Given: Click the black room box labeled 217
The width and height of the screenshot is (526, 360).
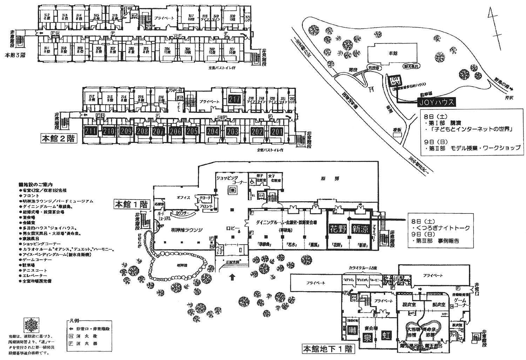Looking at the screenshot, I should pos(235,100).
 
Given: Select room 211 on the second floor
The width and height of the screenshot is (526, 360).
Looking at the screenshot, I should pos(90,131).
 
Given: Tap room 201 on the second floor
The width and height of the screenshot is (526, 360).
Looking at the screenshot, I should pos(277,131).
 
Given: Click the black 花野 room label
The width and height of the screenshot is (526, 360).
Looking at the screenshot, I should pos(338,229).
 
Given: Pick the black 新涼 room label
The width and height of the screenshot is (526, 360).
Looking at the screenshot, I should pos(360,229).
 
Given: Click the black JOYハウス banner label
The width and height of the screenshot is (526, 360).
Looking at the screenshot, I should pos(436,102).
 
